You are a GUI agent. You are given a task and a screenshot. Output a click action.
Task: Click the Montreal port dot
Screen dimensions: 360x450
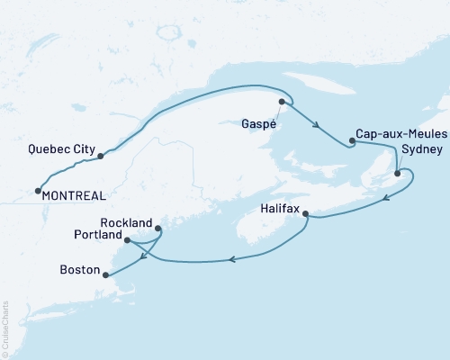[x=37, y=190]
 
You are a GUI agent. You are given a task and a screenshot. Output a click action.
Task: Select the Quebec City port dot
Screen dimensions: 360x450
[x=100, y=156]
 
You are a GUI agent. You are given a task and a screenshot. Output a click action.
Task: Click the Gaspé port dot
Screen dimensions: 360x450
[x=282, y=102]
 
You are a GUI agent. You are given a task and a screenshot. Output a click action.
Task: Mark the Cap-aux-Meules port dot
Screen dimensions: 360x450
[x=352, y=140]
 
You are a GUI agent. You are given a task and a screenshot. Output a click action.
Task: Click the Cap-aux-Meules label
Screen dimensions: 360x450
[x=397, y=131]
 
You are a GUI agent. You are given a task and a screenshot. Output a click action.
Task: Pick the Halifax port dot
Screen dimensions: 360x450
[x=307, y=214]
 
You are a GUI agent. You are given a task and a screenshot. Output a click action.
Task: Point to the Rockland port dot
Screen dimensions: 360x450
[x=159, y=228]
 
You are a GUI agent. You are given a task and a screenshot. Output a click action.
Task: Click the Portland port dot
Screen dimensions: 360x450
[x=127, y=240]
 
